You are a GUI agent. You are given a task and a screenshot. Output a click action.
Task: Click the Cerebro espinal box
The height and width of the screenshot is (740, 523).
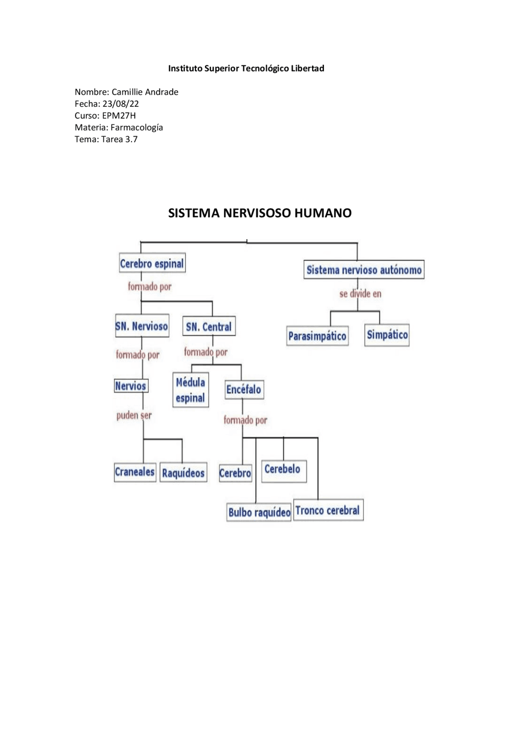coord(152,263)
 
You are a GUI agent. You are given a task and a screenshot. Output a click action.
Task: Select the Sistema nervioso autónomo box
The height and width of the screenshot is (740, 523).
coord(364,270)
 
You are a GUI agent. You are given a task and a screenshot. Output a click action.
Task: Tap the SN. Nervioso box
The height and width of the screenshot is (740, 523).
coord(142,326)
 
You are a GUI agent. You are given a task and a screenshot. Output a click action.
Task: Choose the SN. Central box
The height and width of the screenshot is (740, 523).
coord(209,326)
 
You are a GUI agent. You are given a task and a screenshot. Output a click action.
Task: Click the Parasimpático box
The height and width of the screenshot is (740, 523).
coord(317,336)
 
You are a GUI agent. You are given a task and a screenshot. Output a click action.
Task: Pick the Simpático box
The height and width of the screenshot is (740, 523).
coord(387,335)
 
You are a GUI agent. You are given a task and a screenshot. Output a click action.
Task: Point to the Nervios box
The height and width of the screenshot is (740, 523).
coord(131,386)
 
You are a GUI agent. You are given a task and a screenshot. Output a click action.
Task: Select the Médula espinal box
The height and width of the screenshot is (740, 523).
coord(190,390)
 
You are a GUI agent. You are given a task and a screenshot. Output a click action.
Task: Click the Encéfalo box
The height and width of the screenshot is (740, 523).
coord(244,389)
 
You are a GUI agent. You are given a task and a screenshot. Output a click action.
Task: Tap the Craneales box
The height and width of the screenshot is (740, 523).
coord(135,472)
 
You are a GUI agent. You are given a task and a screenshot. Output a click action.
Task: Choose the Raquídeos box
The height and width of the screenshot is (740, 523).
coord(183,473)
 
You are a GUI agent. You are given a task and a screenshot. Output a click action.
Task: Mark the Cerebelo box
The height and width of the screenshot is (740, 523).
coord(283,470)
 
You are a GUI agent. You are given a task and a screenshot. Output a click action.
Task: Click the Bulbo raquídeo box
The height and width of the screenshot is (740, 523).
coord(259,512)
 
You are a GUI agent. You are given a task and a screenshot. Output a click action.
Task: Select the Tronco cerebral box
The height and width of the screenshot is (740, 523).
coord(328,510)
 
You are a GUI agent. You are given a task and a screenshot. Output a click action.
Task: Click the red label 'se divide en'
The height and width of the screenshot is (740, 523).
coord(360,294)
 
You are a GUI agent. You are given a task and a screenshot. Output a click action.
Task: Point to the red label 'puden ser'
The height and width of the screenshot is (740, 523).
coord(134,416)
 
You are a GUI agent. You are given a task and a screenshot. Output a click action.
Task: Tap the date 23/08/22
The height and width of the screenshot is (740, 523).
coord(121,104)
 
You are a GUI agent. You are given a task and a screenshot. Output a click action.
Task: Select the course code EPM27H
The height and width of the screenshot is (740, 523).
coord(119,116)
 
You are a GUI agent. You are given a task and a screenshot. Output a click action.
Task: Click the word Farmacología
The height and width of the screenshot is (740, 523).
coord(137,127)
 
